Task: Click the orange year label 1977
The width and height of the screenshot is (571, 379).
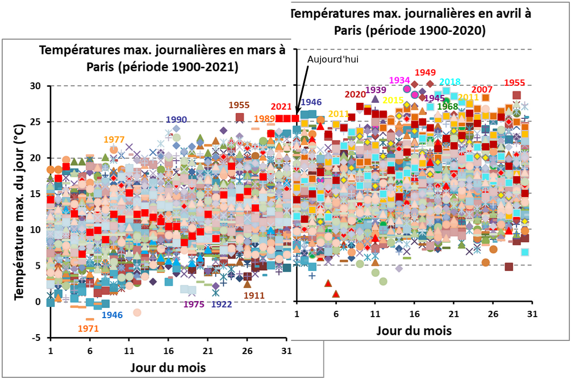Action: (x=114, y=140)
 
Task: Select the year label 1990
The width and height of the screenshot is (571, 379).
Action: (x=176, y=119)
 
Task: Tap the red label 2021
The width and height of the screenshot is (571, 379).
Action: (x=281, y=106)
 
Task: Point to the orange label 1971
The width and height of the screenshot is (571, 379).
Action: (x=88, y=328)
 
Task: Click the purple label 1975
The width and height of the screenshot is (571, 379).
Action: (x=194, y=304)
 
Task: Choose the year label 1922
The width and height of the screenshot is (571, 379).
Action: (x=221, y=304)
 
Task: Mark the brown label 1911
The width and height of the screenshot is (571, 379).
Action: (x=253, y=295)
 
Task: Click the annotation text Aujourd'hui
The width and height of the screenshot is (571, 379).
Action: (x=332, y=59)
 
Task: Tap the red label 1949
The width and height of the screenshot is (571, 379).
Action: (x=425, y=72)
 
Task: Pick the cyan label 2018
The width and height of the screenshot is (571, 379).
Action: (x=449, y=82)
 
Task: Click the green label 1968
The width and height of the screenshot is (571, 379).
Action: (x=447, y=106)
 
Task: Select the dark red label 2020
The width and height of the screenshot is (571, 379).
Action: (x=356, y=94)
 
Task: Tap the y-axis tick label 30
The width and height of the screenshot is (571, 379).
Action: (x=36, y=86)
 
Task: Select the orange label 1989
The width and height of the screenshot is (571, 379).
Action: (x=264, y=118)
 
